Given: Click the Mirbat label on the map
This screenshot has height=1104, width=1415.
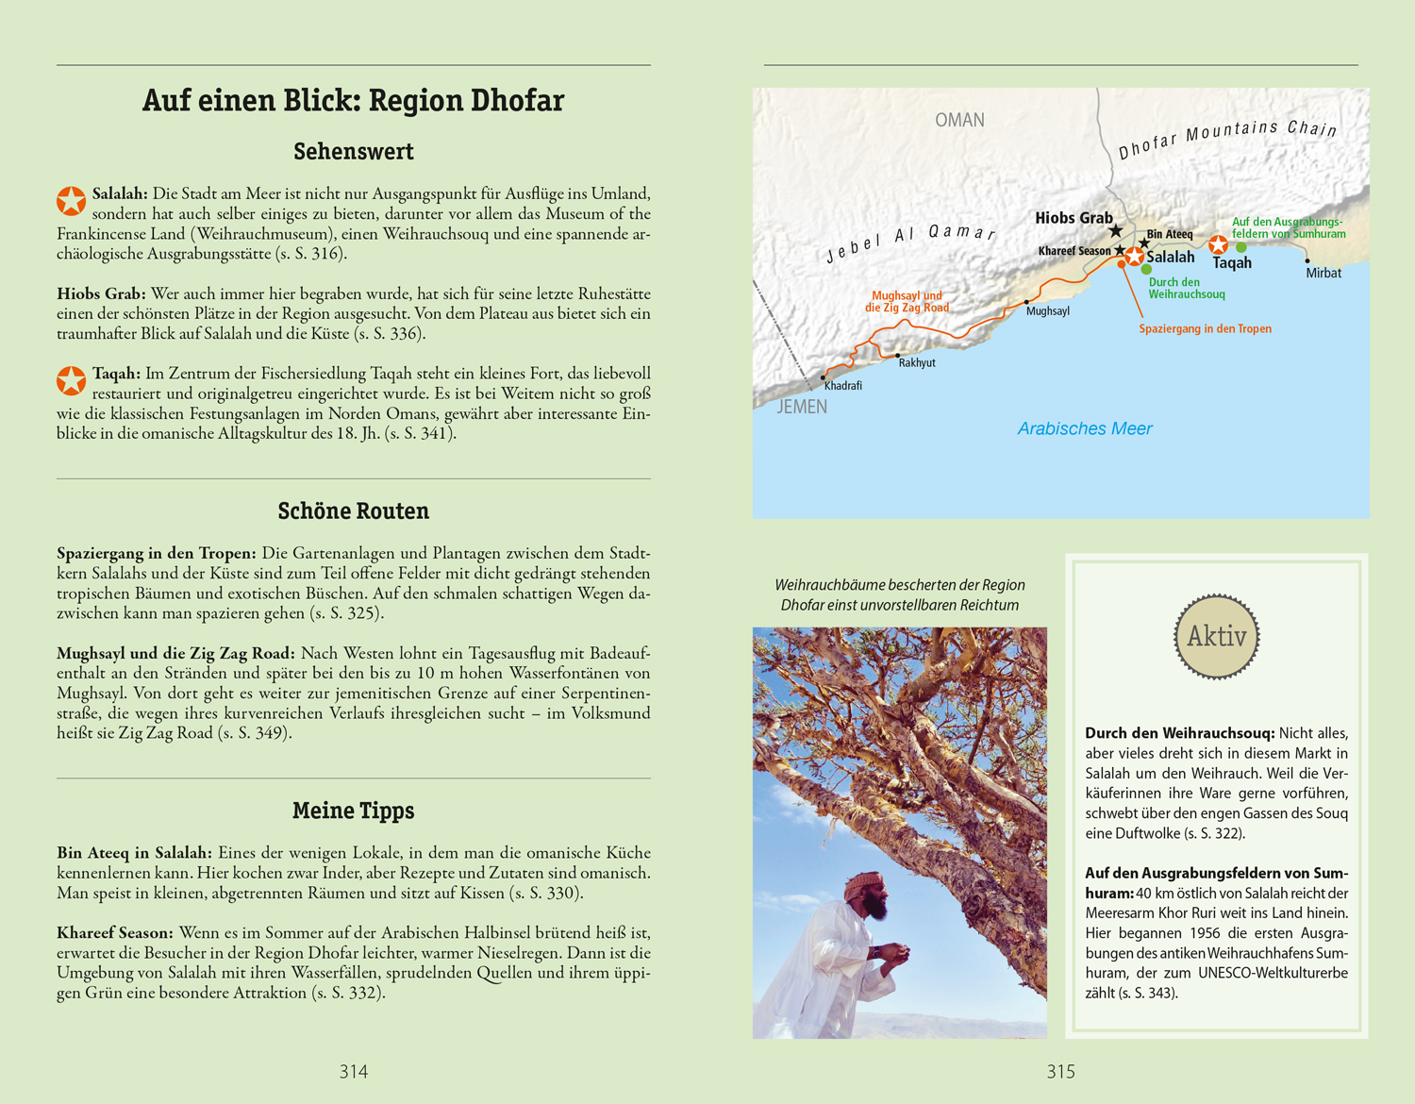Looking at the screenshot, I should point(1323,273).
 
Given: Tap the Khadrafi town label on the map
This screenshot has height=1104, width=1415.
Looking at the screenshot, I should point(842,386).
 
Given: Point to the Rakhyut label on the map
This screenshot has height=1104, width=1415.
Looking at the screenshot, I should point(916,362).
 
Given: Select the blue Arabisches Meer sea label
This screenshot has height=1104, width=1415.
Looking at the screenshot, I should point(1084,428).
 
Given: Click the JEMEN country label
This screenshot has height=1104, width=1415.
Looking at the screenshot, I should point(802,407).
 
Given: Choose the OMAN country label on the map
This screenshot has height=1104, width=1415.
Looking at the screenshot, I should point(959,120).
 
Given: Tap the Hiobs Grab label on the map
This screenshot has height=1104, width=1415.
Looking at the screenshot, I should point(1074,218).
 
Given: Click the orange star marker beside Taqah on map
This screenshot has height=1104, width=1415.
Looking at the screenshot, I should point(1218,245).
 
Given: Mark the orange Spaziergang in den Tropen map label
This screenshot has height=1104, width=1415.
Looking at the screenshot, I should point(1205,328).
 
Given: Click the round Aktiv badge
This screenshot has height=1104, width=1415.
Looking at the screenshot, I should point(1216,636).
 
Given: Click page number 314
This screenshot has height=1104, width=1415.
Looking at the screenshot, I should point(354,1071).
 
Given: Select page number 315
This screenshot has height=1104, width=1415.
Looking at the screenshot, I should point(1060,1071).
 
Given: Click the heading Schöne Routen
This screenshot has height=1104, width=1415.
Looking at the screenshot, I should point(353,510).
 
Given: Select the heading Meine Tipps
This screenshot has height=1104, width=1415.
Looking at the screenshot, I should point(353,811).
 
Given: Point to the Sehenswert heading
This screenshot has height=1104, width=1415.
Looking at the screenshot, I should point(353,151).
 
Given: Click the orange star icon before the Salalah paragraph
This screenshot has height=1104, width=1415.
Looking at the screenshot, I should point(71,200).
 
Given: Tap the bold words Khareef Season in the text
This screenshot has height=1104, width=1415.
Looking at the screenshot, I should point(114,933).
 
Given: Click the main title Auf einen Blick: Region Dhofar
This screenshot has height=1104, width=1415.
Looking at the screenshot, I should point(353,100).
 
